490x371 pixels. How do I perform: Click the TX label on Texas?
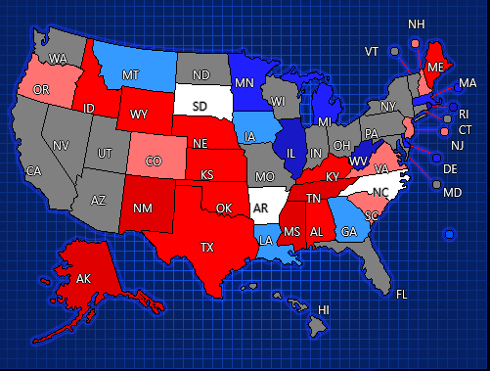[207, 248]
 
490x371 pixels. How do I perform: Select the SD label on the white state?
[199, 106]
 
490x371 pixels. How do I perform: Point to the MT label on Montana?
[131, 74]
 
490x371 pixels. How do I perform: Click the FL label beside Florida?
[401, 293]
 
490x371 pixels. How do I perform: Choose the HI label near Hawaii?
[324, 309]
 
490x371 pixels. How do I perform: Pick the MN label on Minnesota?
[248, 83]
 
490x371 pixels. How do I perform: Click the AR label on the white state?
[260, 209]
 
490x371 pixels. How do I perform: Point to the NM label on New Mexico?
[142, 208]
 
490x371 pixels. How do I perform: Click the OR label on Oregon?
[41, 90]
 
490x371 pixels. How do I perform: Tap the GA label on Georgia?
[348, 232]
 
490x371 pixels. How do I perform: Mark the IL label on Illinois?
[290, 153]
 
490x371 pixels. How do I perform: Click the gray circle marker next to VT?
[394, 51]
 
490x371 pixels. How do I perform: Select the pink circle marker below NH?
[415, 44]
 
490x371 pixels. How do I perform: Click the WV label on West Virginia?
[358, 161]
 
